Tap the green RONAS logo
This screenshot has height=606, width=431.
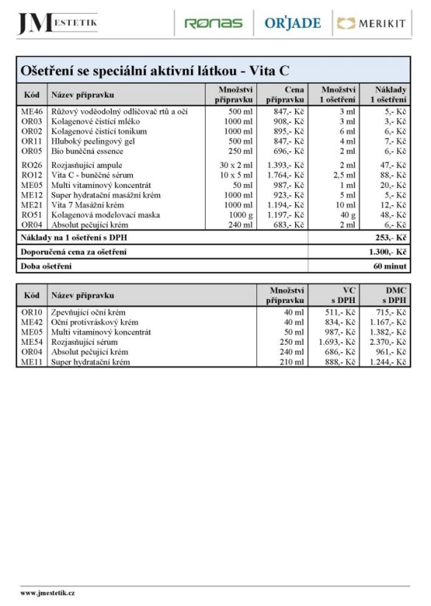tap(213, 23)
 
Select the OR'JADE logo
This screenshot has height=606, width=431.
tap(292, 23)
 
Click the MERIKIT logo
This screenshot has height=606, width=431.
tap(371, 23)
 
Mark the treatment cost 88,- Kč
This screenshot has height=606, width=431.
tap(393, 175)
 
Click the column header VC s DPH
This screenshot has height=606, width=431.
tap(343, 295)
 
